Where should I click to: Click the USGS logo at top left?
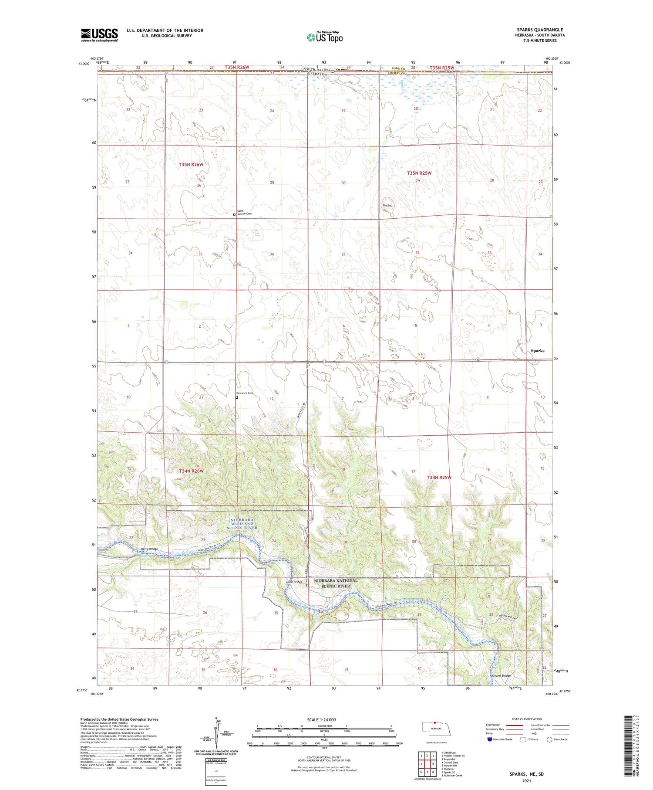click(99, 35)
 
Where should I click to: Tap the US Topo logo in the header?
click(324, 37)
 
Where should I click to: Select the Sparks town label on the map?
click(538, 351)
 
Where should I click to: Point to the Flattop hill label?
click(387, 205)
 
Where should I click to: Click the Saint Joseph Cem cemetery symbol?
click(234, 214)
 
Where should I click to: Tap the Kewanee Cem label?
click(246, 393)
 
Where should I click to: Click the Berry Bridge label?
click(149, 549)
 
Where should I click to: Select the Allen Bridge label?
click(293, 582)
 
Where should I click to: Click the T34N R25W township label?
click(439, 478)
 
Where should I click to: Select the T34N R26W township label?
click(192, 471)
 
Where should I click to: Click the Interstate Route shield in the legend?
click(490, 739)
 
